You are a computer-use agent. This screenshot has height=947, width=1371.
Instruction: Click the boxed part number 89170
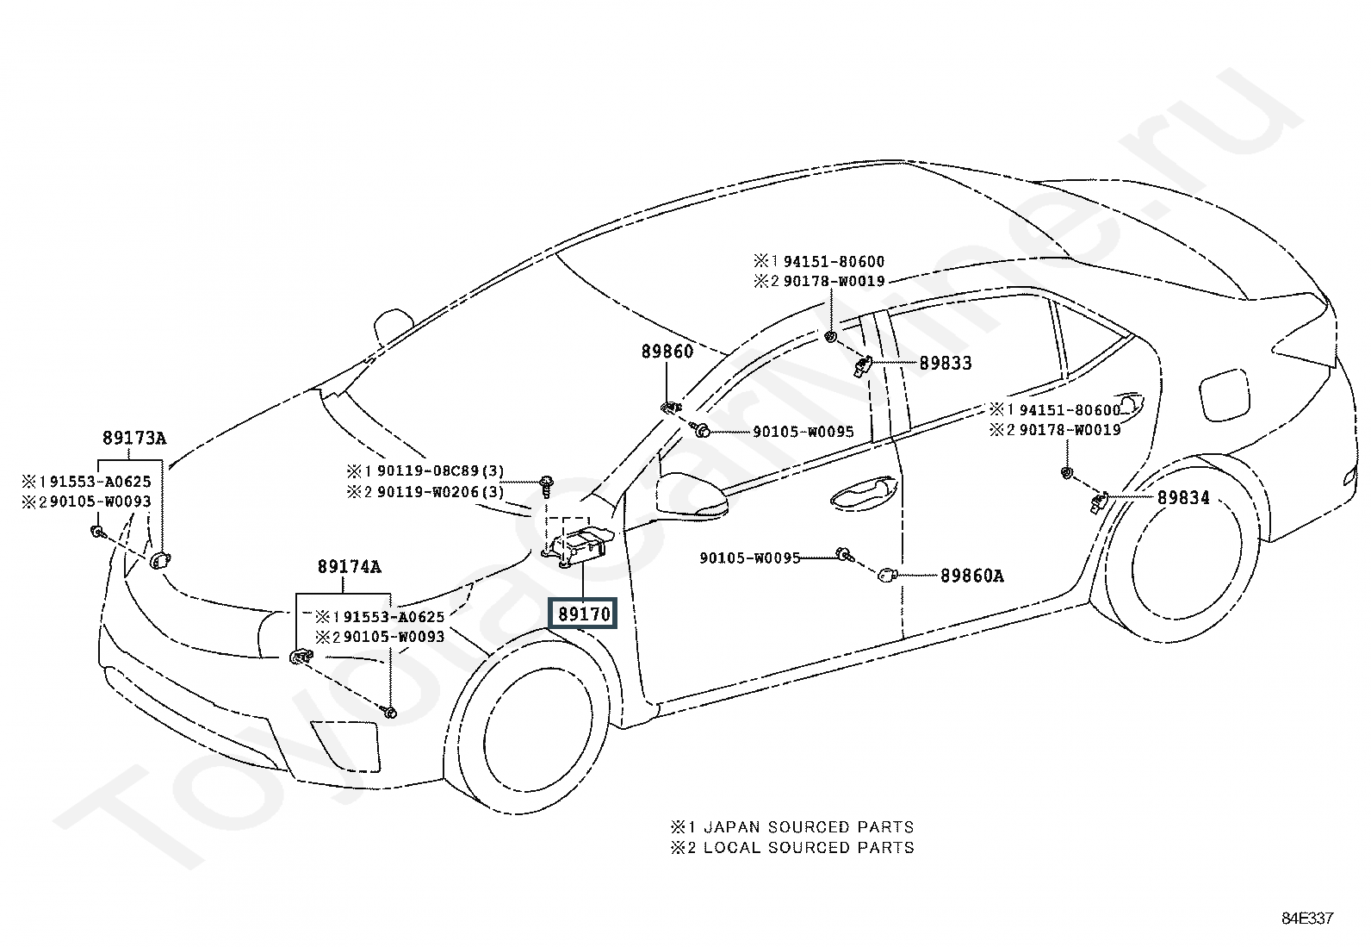click(584, 614)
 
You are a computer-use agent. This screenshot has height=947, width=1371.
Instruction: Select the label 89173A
click(134, 438)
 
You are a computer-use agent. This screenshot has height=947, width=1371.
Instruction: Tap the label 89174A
click(349, 567)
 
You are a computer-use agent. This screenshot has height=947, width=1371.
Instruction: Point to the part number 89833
click(945, 364)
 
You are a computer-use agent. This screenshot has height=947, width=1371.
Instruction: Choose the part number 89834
click(1183, 497)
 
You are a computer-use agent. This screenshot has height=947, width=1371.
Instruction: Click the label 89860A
click(972, 576)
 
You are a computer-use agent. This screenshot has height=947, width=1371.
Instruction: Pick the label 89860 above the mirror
click(667, 352)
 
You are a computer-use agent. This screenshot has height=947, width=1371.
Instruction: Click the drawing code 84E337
click(1308, 919)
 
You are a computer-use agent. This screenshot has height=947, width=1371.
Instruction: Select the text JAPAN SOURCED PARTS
click(810, 827)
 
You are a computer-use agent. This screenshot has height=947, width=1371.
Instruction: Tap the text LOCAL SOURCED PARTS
click(810, 848)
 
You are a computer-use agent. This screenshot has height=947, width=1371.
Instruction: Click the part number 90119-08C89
click(428, 471)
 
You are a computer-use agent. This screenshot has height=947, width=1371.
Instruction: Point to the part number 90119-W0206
click(428, 492)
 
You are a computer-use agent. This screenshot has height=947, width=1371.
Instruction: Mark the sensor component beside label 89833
click(862, 366)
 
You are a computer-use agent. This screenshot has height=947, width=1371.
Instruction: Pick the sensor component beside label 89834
click(1099, 503)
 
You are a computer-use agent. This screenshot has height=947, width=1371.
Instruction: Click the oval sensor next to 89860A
click(887, 576)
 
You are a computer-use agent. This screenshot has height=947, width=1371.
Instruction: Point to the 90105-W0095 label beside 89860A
click(750, 558)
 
